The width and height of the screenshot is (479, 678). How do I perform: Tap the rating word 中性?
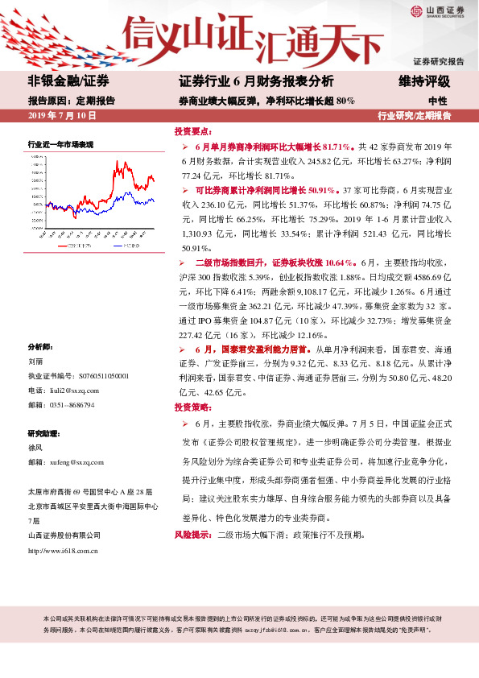438,101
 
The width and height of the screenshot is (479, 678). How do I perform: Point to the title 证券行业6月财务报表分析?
255,82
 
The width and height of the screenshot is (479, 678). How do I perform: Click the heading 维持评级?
424,82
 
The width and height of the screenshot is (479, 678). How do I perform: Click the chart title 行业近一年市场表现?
61,144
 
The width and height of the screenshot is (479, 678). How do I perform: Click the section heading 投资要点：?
193,130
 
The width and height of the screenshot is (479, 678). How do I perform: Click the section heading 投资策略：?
193,407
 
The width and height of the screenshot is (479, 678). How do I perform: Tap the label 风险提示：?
193,534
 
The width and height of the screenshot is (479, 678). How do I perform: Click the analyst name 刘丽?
35,362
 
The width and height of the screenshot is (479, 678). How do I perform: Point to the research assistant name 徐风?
35,448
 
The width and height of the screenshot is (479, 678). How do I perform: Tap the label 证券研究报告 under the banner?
438,61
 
